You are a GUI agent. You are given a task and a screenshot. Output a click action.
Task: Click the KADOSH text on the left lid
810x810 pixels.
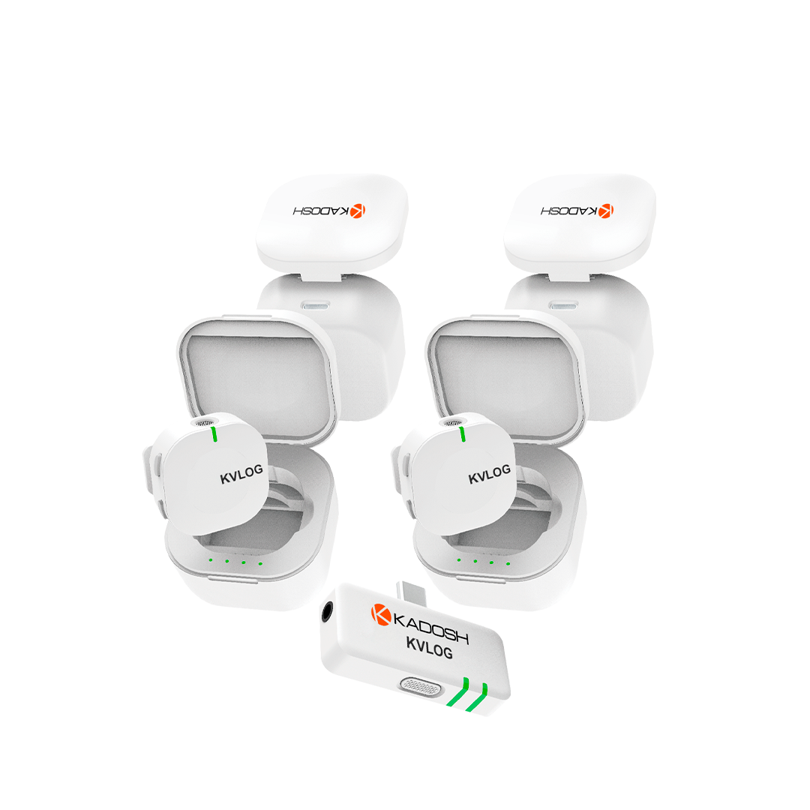coord(321,211)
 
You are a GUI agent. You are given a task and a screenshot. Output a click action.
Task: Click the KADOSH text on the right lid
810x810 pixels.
coord(569,211)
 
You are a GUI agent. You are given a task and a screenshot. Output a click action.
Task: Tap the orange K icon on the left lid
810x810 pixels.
coord(358,211)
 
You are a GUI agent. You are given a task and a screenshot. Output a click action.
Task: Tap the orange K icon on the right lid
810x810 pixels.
coord(606,211)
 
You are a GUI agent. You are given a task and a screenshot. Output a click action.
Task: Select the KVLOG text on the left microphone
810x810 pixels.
coord(241,474)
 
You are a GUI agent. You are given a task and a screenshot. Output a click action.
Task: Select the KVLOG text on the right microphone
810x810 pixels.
coord(489,474)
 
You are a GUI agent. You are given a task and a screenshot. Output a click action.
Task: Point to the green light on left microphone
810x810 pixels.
coord(214,434)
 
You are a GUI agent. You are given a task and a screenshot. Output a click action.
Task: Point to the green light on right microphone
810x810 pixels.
coord(462,434)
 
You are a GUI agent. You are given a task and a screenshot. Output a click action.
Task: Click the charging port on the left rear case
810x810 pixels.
coord(316,305)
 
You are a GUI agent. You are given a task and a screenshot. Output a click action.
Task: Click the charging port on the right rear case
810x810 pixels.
coord(563,305)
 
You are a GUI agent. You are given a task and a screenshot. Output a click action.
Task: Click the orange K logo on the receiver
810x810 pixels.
coord(381,614)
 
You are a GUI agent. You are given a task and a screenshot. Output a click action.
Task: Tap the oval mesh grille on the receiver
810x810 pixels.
coord(421,686)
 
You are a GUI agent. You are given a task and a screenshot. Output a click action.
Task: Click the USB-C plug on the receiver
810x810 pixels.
coord(412,593)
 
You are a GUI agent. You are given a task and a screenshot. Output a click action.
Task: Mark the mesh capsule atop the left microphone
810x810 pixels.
coord(205,422)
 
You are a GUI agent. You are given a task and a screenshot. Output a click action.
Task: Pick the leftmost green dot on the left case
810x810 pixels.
coord(210,560)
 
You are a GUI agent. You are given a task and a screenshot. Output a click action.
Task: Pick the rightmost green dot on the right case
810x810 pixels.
coord(508,563)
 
